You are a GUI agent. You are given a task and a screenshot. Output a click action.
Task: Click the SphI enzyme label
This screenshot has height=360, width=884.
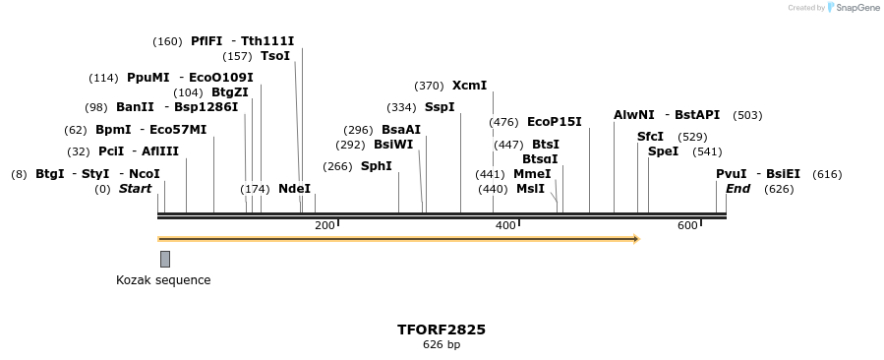tap(377, 166)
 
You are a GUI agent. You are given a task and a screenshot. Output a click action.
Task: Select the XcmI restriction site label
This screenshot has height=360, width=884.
tap(469, 86)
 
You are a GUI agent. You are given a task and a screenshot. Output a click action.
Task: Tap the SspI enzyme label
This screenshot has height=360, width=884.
tap(440, 107)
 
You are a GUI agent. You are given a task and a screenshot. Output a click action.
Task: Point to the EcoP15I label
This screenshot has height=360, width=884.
tap(555, 122)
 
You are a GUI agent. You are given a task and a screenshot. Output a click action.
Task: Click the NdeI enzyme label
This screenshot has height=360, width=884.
tap(294, 188)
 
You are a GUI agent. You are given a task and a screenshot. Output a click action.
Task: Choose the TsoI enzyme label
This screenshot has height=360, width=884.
tap(275, 56)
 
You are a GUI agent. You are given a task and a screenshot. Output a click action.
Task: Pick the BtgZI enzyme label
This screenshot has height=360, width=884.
tap(230, 92)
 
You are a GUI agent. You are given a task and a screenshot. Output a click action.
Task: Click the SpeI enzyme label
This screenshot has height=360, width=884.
tap(664, 151)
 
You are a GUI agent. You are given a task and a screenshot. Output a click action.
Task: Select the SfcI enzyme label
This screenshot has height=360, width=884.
tap(650, 137)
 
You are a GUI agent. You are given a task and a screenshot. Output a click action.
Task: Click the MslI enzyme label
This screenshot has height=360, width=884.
tap(530, 189)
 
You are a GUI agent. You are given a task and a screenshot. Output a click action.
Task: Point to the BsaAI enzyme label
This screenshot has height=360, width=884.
tap(401, 130)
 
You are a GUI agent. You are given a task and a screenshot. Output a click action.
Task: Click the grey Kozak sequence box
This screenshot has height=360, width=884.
tap(165, 259)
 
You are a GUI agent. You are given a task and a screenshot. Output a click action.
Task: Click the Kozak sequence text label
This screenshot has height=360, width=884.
tap(163, 280)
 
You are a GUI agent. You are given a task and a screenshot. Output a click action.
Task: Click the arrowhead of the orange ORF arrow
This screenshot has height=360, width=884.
tap(635, 239)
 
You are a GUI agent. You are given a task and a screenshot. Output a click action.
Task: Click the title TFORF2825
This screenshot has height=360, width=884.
tap(442, 330)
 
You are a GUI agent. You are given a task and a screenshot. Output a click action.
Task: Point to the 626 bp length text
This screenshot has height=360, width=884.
tap(442, 345)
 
